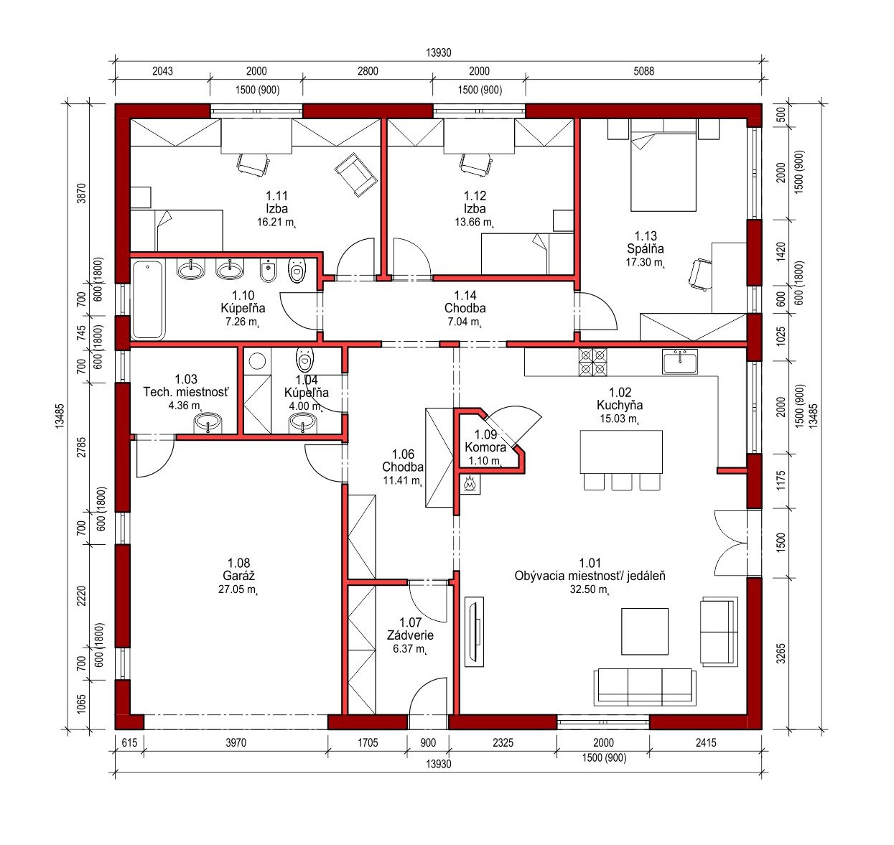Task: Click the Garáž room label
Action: point(238,575)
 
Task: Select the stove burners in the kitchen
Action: point(592,362)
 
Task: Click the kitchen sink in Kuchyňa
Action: point(679,362)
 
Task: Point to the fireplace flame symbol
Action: point(470,483)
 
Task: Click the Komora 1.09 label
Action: point(485,447)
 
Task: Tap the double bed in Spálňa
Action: point(663,172)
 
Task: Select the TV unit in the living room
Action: point(474,632)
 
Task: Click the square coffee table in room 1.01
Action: point(644,631)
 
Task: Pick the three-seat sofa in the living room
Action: point(645,687)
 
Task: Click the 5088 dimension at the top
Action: point(643,71)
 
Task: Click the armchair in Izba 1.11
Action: point(355,174)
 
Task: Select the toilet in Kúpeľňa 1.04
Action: point(304,359)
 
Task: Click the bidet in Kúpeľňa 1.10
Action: point(268,271)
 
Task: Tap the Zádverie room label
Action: point(410,635)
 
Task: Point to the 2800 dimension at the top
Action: point(368,71)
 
